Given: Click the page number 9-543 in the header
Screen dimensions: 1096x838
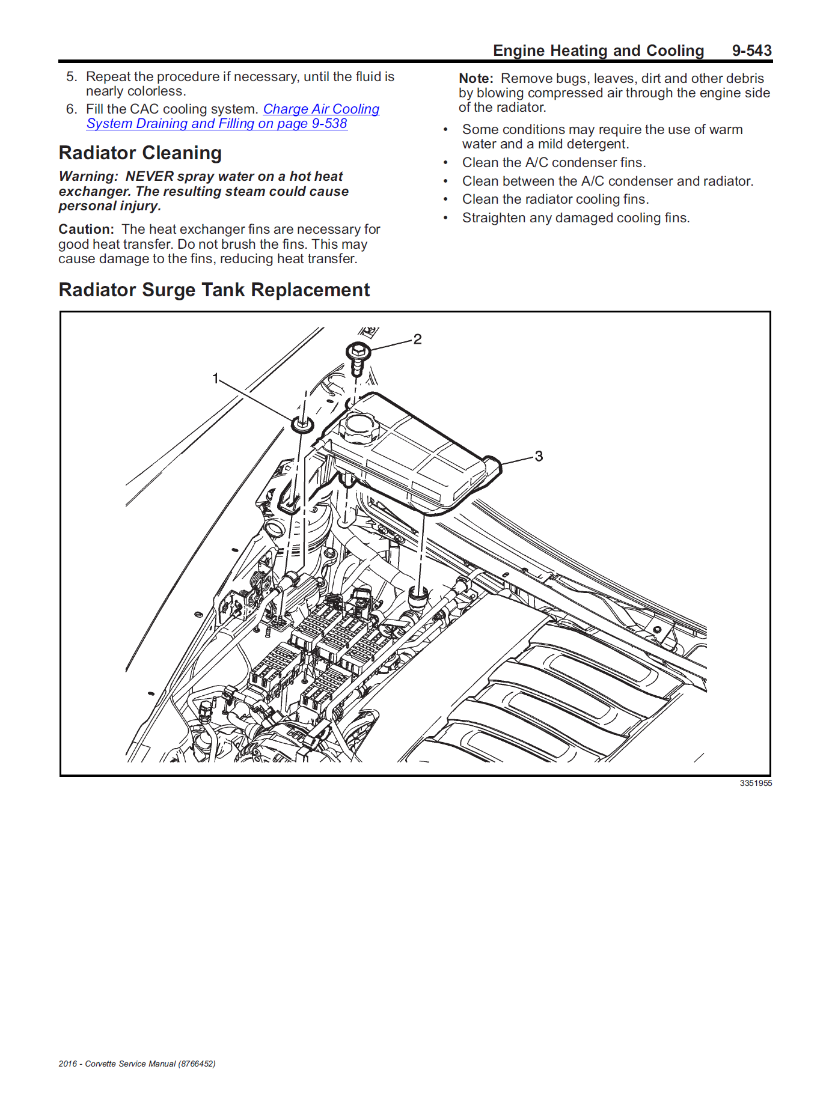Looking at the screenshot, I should [x=751, y=50].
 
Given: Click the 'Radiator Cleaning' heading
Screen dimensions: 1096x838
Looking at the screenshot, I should [x=140, y=153].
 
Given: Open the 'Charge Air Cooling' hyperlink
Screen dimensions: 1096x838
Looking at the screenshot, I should [x=321, y=109].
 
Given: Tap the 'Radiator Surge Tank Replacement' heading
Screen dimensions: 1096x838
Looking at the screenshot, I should [x=214, y=290].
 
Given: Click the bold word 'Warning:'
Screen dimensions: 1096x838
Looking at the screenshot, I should [x=88, y=177].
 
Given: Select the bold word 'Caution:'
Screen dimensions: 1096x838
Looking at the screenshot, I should [x=86, y=230].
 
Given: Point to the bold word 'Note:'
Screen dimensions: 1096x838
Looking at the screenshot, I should [x=476, y=79].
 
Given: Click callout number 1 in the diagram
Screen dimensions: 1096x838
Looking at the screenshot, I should [x=215, y=379].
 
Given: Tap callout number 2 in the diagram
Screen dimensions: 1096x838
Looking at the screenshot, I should [x=417, y=339].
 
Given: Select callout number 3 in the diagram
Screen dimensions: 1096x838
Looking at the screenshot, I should [x=539, y=457].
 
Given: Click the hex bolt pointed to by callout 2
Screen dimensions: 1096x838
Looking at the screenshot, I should [x=358, y=352].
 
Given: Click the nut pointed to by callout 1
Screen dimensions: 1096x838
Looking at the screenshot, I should [x=302, y=424].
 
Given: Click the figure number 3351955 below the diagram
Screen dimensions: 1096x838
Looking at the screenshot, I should [x=756, y=784].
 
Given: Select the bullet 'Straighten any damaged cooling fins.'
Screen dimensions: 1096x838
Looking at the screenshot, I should [x=575, y=218].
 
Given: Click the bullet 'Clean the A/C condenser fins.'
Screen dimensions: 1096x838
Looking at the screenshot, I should [x=554, y=163].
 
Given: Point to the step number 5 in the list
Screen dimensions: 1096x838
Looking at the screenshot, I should [x=71, y=77].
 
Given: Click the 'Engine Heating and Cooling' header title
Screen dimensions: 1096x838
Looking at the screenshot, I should [x=598, y=50].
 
